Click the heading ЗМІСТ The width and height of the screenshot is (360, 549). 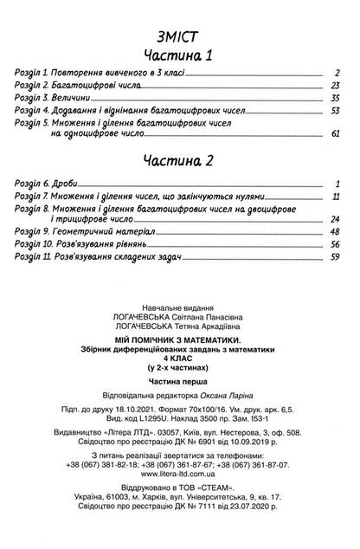pos(179,35)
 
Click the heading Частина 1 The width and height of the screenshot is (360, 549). pos(179,56)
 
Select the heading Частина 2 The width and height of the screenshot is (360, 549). pos(179,162)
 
